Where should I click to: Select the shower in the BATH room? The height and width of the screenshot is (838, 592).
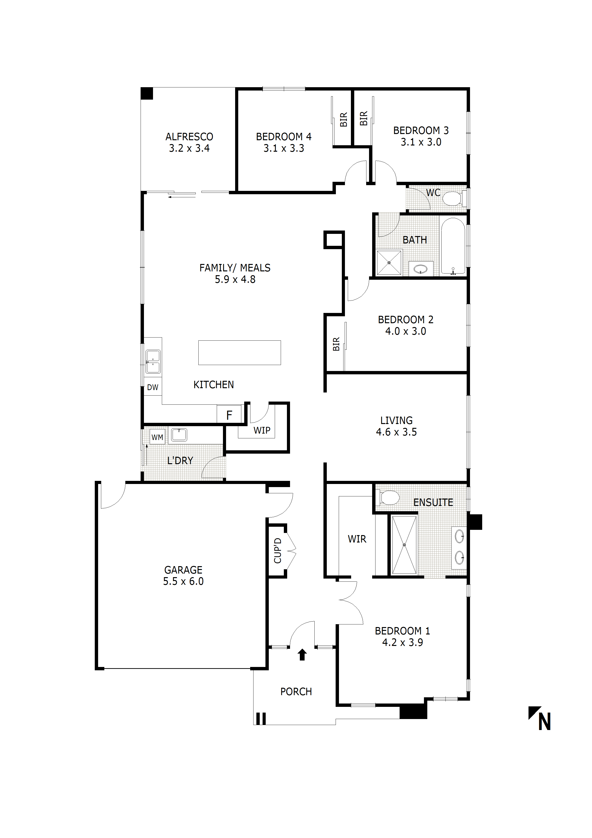point(389,263)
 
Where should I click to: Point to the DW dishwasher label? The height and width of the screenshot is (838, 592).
point(153,388)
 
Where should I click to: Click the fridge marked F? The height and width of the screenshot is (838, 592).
point(229,415)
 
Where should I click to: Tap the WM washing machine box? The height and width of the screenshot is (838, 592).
point(157,437)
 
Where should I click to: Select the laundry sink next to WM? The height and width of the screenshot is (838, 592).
point(179,435)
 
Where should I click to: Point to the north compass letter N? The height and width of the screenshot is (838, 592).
point(544,722)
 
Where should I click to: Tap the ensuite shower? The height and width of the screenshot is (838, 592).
point(404,545)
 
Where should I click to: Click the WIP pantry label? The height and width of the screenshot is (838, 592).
point(262,430)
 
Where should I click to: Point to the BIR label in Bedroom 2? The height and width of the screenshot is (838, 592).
point(336,344)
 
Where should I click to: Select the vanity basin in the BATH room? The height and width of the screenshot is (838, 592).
point(421,270)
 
